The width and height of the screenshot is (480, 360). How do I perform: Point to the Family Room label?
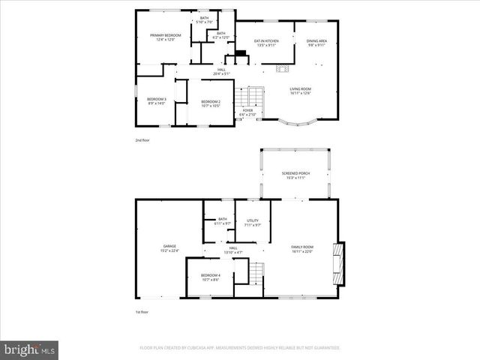click(302, 249)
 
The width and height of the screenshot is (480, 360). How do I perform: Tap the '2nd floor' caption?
click(142, 139)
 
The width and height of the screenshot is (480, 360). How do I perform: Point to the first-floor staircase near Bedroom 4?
click(257, 276)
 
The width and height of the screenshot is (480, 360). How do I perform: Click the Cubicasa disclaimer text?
click(240, 348)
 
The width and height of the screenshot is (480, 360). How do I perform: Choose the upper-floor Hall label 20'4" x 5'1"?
click(221, 72)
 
